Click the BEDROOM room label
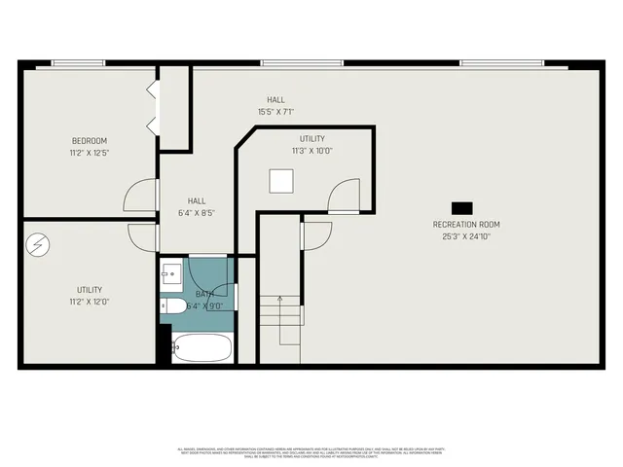tap(89, 139)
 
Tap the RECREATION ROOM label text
tap(466, 224)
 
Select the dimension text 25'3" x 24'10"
tap(466, 235)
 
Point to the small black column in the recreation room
tap(460, 206)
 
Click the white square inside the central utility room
tap(282, 181)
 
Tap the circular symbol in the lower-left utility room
tap(36, 243)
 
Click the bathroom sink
tap(170, 272)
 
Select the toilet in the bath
tap(174, 306)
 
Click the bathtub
tap(202, 346)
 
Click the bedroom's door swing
tap(141, 195)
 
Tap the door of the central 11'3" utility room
tap(345, 197)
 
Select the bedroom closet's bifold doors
tap(151, 108)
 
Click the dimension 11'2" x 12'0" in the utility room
tap(89, 302)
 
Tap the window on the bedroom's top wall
tap(78, 63)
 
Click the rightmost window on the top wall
tap(501, 63)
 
